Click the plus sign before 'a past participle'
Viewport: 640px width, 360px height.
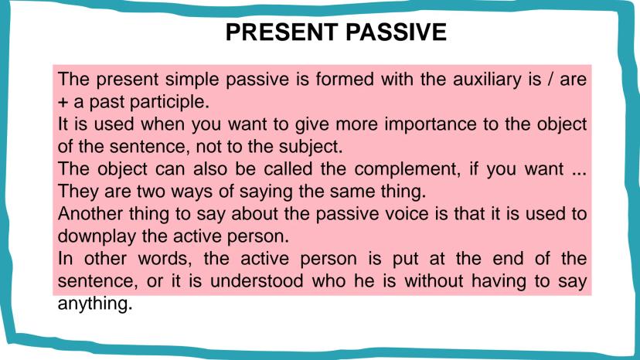[63, 100]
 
